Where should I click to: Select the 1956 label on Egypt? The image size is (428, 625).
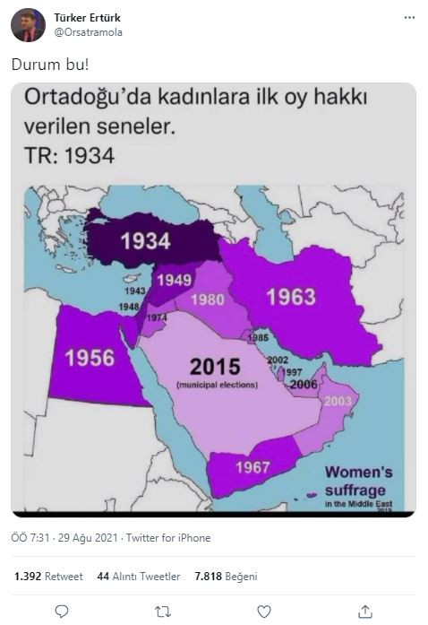pyautogui.click(x=90, y=357)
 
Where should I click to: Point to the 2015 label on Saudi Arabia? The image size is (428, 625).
pyautogui.click(x=215, y=366)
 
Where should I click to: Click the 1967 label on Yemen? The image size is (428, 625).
pyautogui.click(x=253, y=467)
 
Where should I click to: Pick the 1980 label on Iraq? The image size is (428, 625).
pyautogui.click(x=208, y=299)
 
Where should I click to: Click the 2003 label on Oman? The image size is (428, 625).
pyautogui.click(x=338, y=401)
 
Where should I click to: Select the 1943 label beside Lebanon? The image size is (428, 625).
pyautogui.click(x=135, y=291)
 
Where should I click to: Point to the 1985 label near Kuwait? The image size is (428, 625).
pyautogui.click(x=259, y=337)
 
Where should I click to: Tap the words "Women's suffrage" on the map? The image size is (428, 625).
pyautogui.click(x=357, y=481)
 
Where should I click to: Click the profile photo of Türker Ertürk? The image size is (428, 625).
pyautogui.click(x=29, y=25)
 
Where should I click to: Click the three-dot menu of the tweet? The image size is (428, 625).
pyautogui.click(x=409, y=18)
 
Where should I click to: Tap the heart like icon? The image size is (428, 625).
pyautogui.click(x=264, y=611)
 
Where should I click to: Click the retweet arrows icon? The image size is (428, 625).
pyautogui.click(x=163, y=611)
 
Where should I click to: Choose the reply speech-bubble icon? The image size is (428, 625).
pyautogui.click(x=62, y=611)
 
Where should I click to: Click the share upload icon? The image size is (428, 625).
pyautogui.click(x=365, y=611)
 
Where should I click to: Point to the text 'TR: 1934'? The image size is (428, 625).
pyautogui.click(x=69, y=154)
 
